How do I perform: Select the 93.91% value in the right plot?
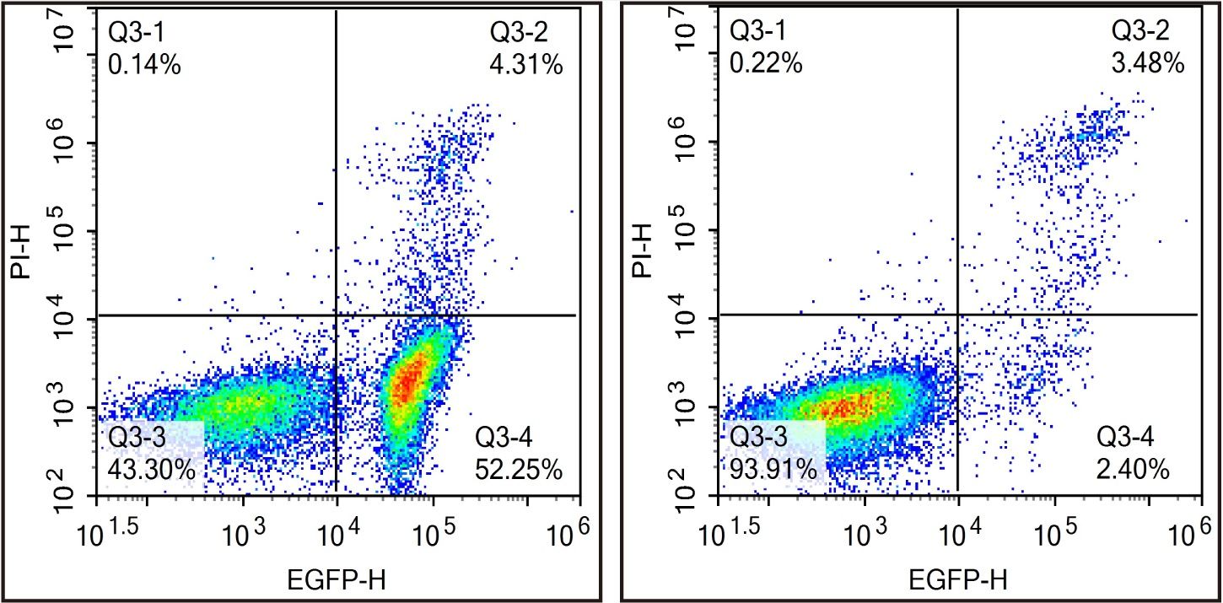tap(773, 469)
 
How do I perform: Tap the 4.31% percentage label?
tap(527, 65)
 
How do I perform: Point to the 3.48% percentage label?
tap(1149, 63)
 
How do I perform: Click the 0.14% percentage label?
tap(144, 65)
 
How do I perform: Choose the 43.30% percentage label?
tap(152, 469)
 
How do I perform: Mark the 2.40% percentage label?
tap(1133, 469)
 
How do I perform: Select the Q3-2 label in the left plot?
tap(520, 33)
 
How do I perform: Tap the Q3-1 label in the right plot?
tap(758, 32)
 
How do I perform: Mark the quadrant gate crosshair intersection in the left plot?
tap(337, 315)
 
